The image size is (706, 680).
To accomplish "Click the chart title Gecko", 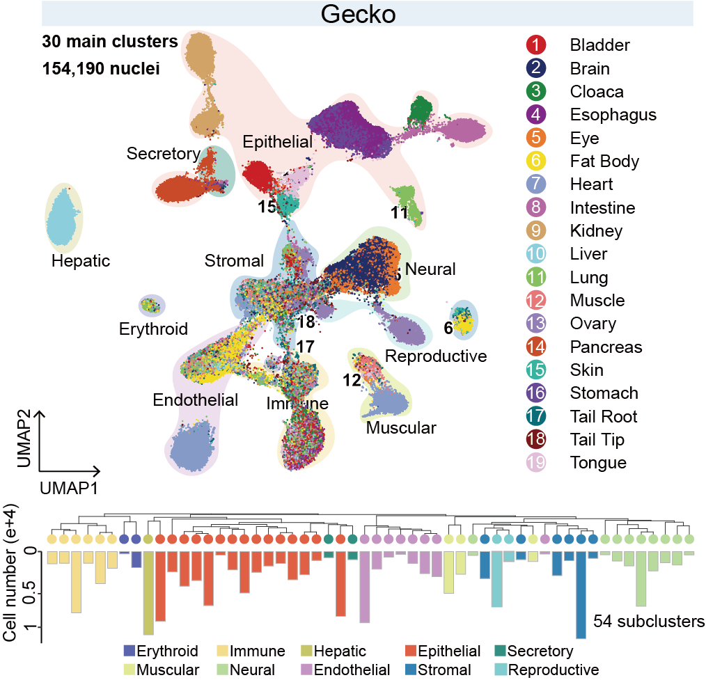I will (x=367, y=14).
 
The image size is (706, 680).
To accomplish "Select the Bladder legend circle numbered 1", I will (x=536, y=46).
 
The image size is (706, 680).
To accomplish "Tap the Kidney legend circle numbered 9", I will (x=536, y=230).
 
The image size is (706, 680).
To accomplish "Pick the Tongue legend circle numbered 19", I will (x=536, y=463).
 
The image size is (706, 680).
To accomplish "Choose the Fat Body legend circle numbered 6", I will (x=536, y=161).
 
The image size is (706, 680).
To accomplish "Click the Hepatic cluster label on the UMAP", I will (x=81, y=262).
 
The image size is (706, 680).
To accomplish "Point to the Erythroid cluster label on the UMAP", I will (x=153, y=329).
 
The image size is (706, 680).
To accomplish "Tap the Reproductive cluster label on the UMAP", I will (x=436, y=357).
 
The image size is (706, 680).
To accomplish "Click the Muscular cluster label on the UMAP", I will (x=401, y=427).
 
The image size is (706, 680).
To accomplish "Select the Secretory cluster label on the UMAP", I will (x=163, y=154).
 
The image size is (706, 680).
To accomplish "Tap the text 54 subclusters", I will (x=649, y=621).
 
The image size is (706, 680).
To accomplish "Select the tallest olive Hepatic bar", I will (x=148, y=592).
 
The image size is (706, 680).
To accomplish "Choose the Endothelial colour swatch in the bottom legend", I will (x=304, y=670).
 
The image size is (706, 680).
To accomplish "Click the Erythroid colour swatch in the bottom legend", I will (x=129, y=651).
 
